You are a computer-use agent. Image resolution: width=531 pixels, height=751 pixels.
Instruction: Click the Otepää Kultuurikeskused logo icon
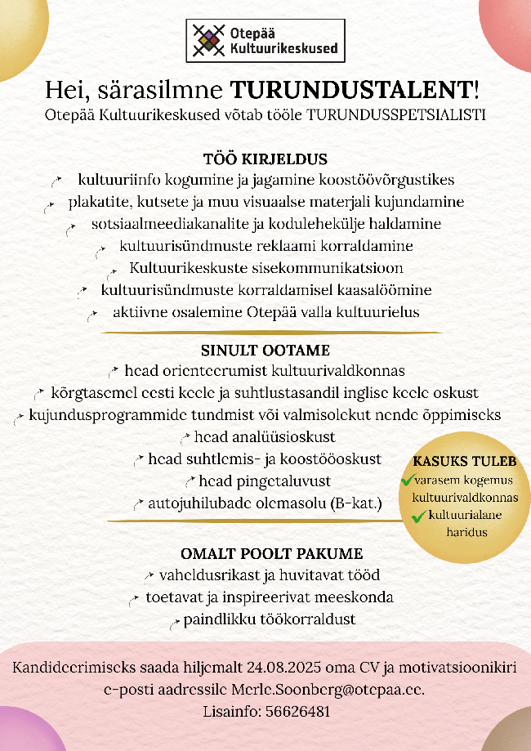(x=207, y=41)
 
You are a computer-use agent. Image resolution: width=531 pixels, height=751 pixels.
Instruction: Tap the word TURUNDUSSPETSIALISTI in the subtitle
(x=396, y=115)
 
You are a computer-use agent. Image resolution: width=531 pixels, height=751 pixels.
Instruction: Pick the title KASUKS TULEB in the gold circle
(x=465, y=463)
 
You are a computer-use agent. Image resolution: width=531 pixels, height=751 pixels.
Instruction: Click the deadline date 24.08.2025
(x=274, y=668)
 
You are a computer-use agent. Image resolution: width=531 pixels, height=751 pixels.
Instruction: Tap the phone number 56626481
(x=298, y=711)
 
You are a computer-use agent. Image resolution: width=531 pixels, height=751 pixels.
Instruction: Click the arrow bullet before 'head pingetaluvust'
(x=190, y=482)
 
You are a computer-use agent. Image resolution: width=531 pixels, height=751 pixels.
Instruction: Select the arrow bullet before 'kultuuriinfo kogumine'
(x=58, y=180)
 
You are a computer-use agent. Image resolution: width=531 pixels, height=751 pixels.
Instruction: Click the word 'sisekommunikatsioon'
(x=335, y=268)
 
